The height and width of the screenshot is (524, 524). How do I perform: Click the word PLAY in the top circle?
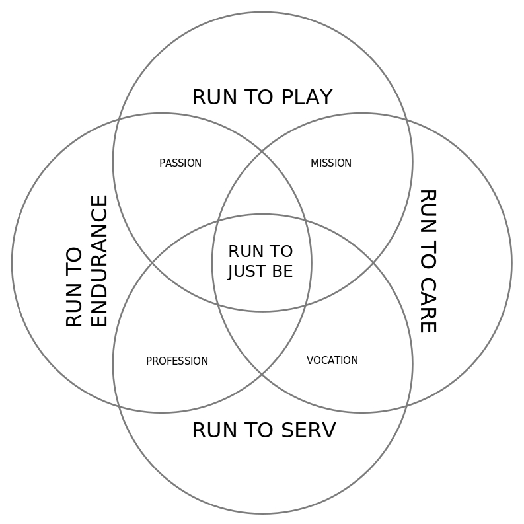coord(307,97)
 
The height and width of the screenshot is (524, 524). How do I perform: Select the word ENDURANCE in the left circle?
coord(99,261)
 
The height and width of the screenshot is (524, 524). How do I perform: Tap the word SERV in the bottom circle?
coord(309,430)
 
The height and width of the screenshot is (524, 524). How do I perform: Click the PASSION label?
coord(180,163)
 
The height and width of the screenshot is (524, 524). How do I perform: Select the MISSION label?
coord(331,163)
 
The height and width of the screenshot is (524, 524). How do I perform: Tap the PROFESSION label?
coord(177,361)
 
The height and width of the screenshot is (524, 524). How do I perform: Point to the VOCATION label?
coord(332,360)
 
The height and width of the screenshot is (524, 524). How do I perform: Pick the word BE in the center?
coord(282,271)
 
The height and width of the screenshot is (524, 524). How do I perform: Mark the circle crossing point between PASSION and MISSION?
coord(262,152)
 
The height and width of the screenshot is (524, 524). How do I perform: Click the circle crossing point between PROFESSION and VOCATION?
coord(262,374)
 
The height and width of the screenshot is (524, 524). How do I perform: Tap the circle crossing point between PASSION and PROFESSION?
coord(152,264)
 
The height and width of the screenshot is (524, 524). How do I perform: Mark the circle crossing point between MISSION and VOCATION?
coord(373,264)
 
